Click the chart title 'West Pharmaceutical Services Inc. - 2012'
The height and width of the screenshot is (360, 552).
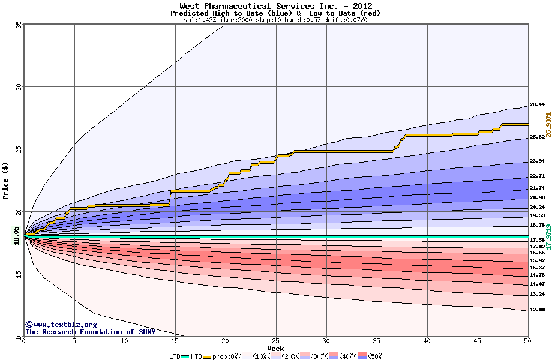point(275,6)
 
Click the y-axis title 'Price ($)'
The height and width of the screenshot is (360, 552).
point(6,181)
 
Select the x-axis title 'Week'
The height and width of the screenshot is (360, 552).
point(275,349)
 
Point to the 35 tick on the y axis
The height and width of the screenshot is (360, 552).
point(19,25)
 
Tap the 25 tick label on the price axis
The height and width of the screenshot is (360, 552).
point(19,149)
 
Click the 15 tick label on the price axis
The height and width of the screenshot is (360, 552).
point(19,274)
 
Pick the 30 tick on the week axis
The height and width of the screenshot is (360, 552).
point(326,341)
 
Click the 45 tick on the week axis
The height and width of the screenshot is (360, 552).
point(478,341)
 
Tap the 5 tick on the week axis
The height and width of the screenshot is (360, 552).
point(74,341)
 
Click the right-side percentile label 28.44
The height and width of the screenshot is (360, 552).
point(537,104)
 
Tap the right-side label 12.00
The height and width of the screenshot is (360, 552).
point(537,310)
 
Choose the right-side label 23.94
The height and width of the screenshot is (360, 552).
point(537,161)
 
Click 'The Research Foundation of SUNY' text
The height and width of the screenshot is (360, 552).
point(90,332)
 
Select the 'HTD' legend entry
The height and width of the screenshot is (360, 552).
point(196,356)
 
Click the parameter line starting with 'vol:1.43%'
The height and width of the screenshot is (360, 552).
point(275,20)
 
